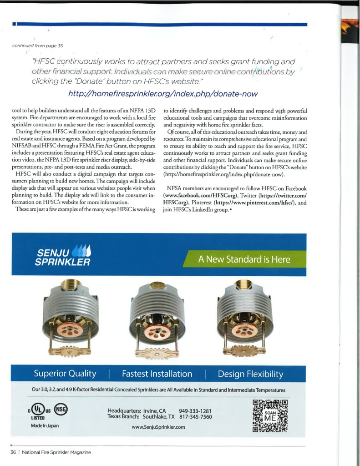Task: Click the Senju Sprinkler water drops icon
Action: (x=81, y=251)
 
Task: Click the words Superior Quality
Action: (x=65, y=374)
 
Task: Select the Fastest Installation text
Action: (x=157, y=374)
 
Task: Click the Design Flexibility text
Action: (x=250, y=374)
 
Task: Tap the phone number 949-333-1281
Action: (x=195, y=410)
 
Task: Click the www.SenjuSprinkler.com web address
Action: (x=158, y=427)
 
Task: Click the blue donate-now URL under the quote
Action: (x=162, y=94)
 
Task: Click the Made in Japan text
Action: (x=45, y=425)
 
